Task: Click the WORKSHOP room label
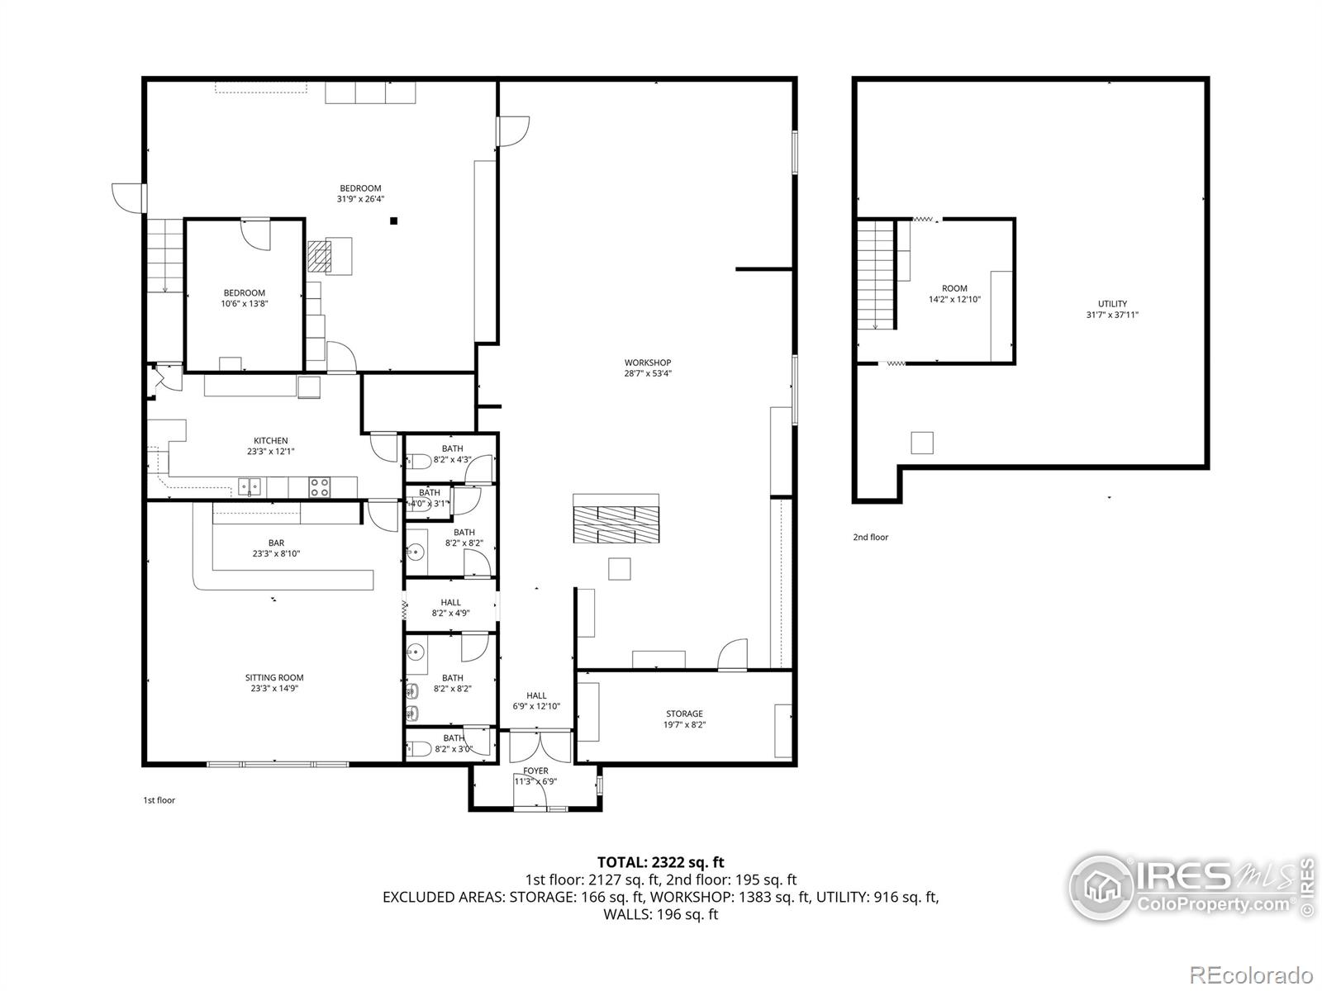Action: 647,363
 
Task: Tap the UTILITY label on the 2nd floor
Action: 1112,304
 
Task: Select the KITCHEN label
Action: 271,441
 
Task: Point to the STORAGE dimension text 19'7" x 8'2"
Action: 684,725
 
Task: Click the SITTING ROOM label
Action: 274,678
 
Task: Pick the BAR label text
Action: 276,543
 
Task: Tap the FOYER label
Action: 535,771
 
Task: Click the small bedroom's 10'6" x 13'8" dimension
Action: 245,304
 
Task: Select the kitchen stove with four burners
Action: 320,487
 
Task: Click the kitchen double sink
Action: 250,486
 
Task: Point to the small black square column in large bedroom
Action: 394,220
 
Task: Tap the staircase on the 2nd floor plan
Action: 875,274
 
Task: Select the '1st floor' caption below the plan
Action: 159,800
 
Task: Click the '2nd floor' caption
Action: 871,538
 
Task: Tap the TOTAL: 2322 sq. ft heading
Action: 661,863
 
